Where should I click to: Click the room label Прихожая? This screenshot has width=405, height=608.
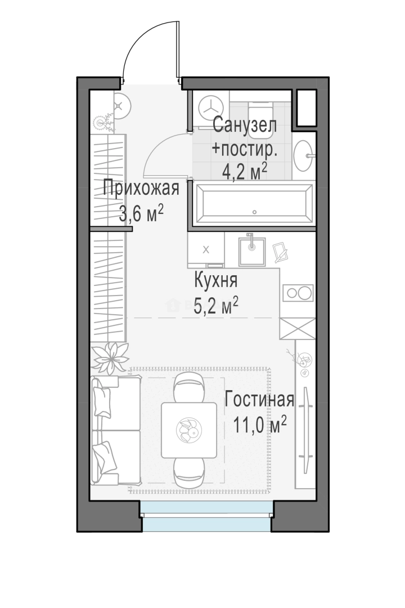(141, 189)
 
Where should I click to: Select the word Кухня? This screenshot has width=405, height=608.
(215, 280)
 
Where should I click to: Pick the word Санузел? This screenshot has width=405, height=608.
(245, 125)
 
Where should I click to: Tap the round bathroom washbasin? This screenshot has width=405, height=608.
(303, 156)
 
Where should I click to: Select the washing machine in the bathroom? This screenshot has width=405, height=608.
(211, 109)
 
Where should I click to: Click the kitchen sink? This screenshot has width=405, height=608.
(252, 251)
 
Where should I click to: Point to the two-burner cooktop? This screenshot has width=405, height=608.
(298, 293)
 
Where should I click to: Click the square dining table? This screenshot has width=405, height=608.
(189, 430)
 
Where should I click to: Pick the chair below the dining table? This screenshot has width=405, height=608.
(189, 473)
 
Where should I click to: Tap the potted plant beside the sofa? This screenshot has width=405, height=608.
(110, 358)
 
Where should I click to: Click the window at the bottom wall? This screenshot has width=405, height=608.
(206, 516)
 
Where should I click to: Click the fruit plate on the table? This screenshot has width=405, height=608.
(189, 430)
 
